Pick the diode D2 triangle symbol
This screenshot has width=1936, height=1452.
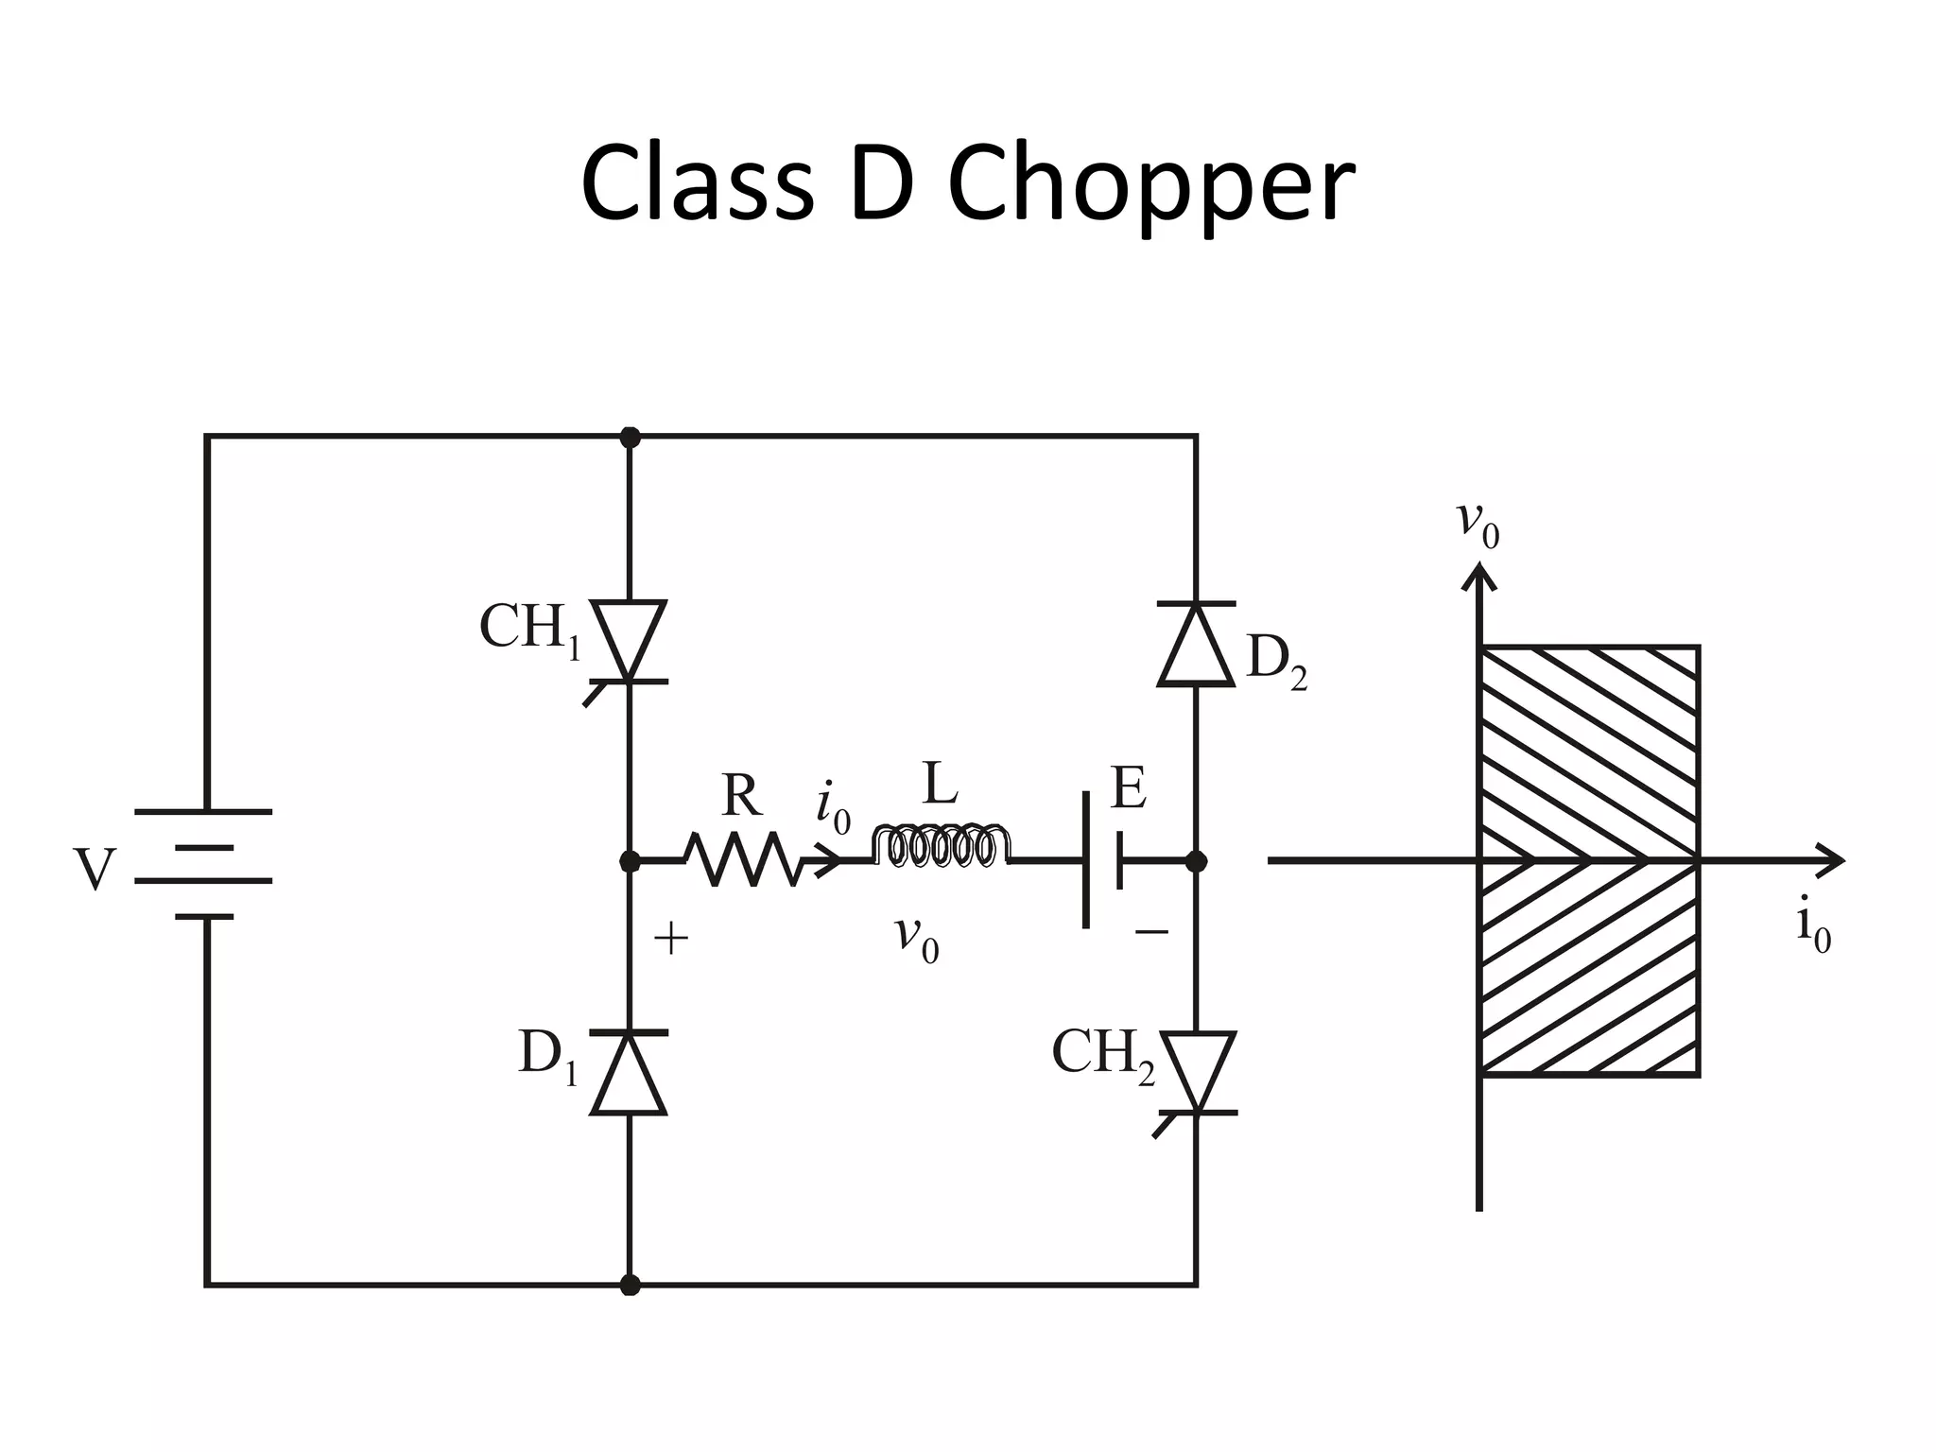pos(1197,644)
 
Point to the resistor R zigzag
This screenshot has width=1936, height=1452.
pos(744,859)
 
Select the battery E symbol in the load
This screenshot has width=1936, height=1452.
pos(1102,860)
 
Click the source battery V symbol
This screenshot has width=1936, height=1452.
pos(204,864)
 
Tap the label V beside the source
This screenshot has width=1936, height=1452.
pos(95,870)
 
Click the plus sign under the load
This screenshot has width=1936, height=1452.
pos(670,940)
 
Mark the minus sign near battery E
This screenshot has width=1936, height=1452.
pos(1151,933)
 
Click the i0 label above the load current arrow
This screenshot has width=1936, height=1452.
pos(833,808)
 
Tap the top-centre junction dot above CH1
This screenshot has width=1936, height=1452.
pos(630,437)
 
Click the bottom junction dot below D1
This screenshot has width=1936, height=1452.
pos(630,1286)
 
